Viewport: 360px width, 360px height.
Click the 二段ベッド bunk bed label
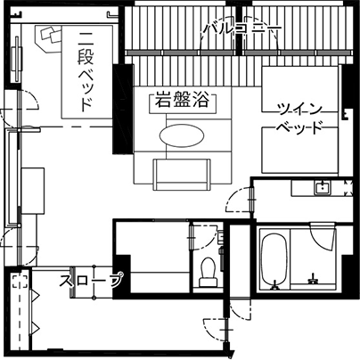86,71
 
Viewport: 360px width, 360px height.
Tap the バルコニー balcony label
243,29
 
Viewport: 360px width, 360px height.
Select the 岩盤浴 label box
183,102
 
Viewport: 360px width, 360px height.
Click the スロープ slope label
91,281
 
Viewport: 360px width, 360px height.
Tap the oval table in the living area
182,135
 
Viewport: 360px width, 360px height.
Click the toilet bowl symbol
208,272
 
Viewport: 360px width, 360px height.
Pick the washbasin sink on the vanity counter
323,188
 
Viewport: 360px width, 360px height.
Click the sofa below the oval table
182,175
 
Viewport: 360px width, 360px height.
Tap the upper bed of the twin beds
299,89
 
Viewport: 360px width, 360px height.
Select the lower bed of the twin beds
299,151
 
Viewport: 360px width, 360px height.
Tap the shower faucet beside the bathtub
313,280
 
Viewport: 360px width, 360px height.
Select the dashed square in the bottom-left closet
20,282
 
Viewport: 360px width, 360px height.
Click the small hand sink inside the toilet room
220,236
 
